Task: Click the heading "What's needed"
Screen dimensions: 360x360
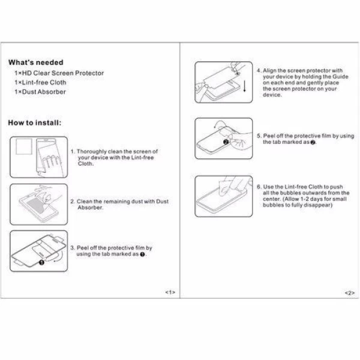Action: tap(36, 62)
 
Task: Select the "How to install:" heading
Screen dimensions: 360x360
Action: tap(35, 123)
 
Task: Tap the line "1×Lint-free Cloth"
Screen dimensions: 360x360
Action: tap(40, 82)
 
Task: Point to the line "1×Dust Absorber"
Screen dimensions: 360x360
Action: tap(40, 92)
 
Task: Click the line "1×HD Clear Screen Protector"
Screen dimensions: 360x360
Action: tap(59, 73)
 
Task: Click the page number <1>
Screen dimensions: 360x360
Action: tap(170, 292)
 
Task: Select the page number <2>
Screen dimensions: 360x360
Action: tap(350, 293)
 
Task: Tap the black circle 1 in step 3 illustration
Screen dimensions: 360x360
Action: tap(41, 262)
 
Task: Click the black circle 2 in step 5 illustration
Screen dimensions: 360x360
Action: tap(226, 142)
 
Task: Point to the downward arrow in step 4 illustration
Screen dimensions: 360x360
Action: tap(245, 86)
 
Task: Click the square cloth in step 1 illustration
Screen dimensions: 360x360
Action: tap(24, 146)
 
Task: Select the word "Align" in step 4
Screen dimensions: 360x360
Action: tap(269, 70)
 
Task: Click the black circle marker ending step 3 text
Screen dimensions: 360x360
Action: tap(142, 254)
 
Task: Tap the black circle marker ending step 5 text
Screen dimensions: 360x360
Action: tap(313, 142)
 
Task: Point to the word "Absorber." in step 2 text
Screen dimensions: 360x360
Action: tap(90, 208)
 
